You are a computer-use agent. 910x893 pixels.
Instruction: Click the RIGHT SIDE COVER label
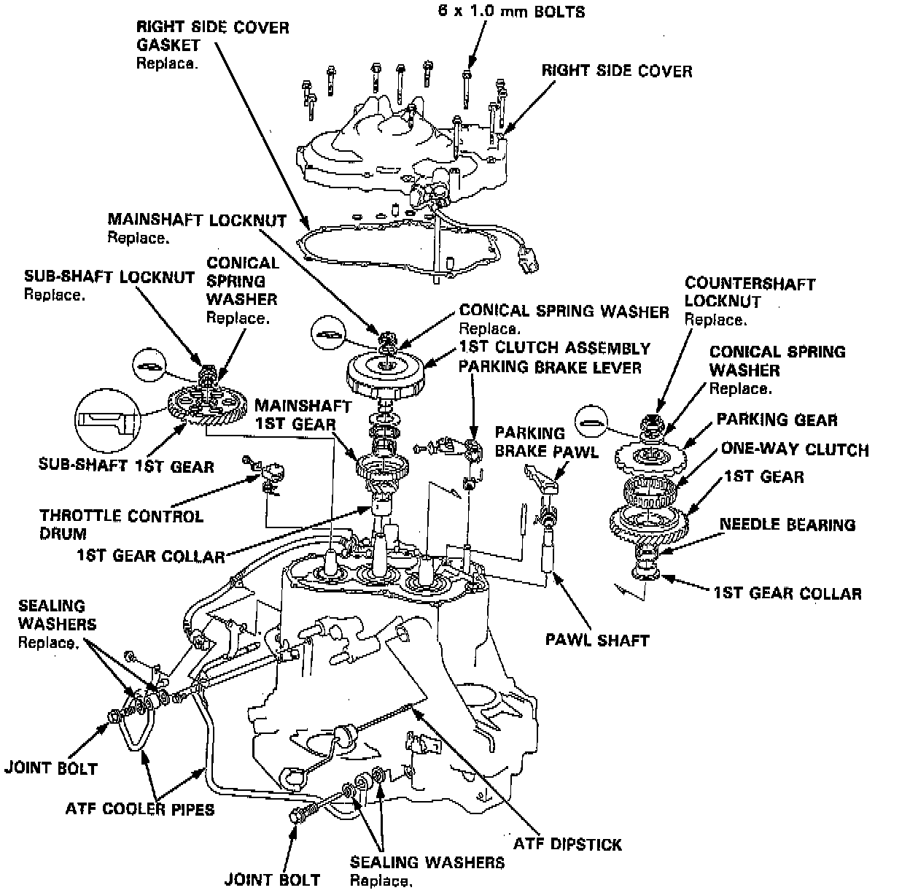(x=616, y=71)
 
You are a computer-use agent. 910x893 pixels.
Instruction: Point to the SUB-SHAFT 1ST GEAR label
(x=126, y=465)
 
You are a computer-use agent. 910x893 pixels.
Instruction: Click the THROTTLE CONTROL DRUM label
(x=122, y=525)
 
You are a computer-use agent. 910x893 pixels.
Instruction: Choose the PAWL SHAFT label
(x=596, y=641)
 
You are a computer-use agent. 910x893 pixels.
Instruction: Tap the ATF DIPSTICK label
(x=567, y=844)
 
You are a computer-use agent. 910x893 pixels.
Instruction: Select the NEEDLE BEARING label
(x=787, y=525)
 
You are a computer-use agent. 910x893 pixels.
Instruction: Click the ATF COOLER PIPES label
(x=140, y=808)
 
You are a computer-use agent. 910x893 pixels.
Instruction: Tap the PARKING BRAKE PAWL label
(x=547, y=441)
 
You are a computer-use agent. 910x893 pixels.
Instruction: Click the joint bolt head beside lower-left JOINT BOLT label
(x=114, y=717)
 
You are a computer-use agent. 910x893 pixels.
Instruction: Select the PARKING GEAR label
(x=777, y=420)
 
